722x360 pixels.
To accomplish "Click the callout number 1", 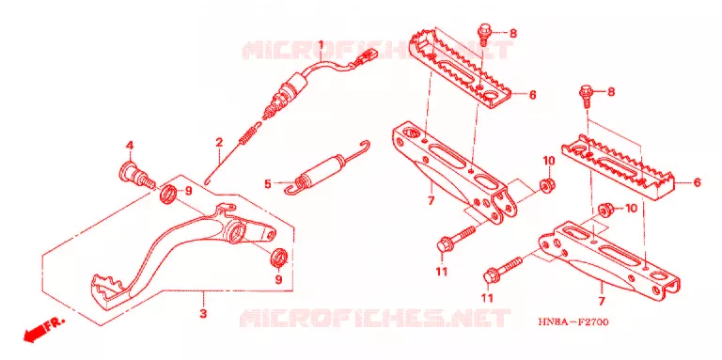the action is point(321,45).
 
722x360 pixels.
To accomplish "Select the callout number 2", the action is point(219,142).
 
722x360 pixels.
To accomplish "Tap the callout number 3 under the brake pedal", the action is point(203,314).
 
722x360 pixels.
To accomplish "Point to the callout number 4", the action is point(130,146).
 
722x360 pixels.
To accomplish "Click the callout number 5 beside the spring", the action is point(268,184).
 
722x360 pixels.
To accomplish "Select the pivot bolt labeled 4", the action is point(136,178).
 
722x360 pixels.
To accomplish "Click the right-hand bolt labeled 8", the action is point(586,95).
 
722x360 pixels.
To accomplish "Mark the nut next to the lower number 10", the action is point(604,210).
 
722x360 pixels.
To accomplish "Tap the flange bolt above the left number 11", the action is point(457,239).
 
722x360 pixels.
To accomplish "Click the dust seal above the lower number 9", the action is point(279,258).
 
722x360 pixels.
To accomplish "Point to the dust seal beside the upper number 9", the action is point(168,194).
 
